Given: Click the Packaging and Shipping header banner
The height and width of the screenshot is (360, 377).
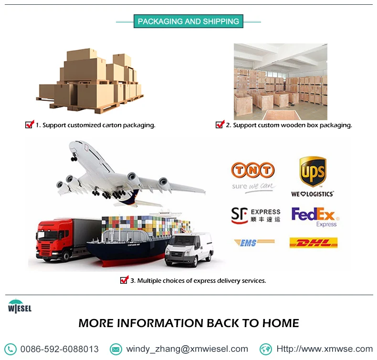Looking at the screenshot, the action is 188,21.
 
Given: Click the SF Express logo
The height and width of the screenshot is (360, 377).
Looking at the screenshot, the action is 255,215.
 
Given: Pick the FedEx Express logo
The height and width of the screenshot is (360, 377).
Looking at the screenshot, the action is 314,216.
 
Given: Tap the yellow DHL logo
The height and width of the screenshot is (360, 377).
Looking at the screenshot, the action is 313,243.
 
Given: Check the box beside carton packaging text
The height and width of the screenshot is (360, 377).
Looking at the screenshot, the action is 30,125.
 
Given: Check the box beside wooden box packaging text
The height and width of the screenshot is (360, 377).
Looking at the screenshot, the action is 220,125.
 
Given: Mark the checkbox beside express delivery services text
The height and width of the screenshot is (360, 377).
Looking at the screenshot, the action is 124,280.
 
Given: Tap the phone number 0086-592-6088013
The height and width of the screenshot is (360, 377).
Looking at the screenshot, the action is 59,349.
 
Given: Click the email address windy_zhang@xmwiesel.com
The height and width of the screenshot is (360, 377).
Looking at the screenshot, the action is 187,349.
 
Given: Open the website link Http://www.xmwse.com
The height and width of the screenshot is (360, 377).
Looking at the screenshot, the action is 325,349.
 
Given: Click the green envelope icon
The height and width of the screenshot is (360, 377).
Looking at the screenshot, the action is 115,349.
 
